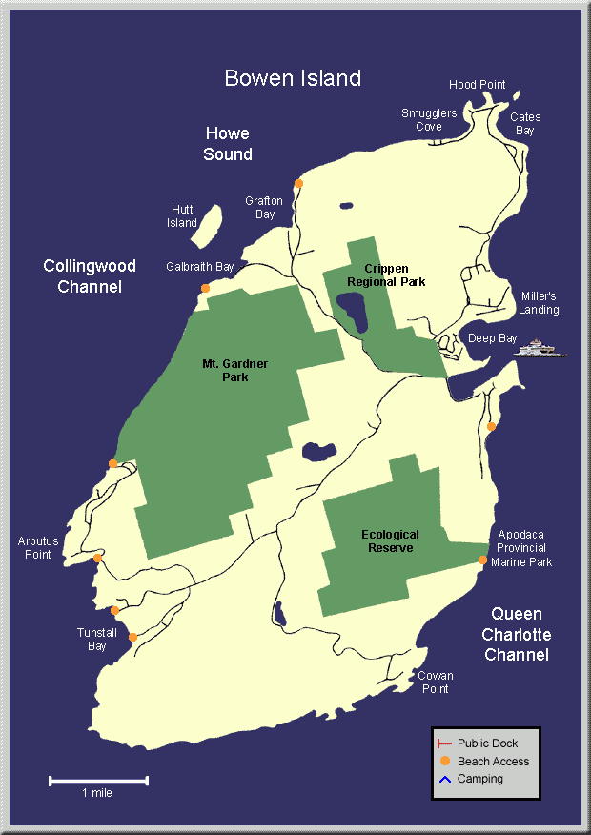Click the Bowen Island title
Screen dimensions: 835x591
point(293,78)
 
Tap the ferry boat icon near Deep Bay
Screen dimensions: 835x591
point(540,348)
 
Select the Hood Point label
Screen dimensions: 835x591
point(477,85)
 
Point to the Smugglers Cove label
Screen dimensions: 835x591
point(428,119)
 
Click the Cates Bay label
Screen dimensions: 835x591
point(525,124)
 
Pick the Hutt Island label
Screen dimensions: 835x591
point(182,216)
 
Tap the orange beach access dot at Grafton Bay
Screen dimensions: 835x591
point(298,183)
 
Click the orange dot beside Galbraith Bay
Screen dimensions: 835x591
point(205,288)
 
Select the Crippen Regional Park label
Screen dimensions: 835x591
point(386,275)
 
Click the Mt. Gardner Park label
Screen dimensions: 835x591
point(225,370)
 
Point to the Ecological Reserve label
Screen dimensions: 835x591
point(390,540)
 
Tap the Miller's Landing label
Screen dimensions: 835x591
point(540,303)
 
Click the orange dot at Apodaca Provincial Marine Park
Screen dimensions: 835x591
point(482,560)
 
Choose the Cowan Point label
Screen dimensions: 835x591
point(435,682)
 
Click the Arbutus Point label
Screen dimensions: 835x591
point(38,548)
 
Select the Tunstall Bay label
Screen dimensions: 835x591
point(97,640)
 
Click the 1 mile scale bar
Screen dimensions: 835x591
point(98,782)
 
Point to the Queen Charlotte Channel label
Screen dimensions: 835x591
point(517,635)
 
